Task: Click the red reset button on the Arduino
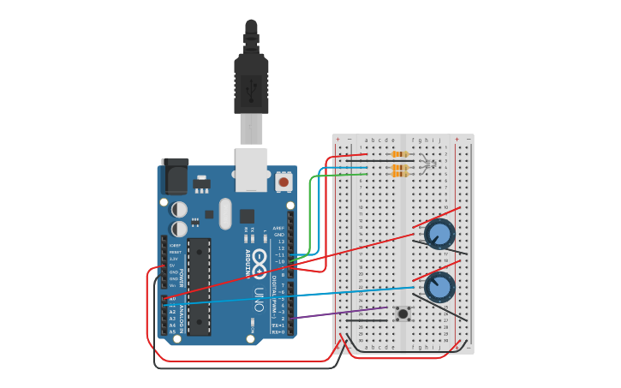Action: pos(284,182)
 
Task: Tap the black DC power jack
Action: pos(175,176)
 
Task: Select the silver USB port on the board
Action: pos(251,169)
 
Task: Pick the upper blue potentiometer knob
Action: pos(439,233)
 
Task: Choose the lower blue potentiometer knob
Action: pos(439,287)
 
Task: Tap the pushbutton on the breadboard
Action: pos(402,313)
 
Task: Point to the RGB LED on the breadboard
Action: pos(429,163)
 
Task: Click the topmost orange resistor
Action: pos(399,154)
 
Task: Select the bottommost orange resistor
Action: pos(399,175)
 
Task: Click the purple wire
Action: pos(343,313)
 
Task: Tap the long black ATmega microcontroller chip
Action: pos(199,286)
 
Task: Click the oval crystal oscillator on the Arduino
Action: pos(225,213)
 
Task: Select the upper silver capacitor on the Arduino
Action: pos(179,209)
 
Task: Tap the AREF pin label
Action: pos(278,228)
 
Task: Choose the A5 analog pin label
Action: pos(172,331)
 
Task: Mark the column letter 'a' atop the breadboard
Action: pos(367,140)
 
